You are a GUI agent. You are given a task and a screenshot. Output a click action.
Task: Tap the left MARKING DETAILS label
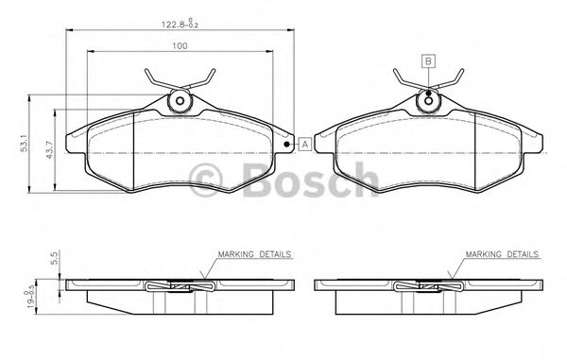pyautogui.click(x=254, y=255)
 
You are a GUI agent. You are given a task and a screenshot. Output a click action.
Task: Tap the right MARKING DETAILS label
pyautogui.click(x=500, y=255)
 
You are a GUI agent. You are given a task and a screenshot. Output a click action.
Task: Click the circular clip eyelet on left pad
pyautogui.click(x=178, y=102)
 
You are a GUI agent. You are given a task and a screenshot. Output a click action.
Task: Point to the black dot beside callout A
pyautogui.click(x=287, y=145)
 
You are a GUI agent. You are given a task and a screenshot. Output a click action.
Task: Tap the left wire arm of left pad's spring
pyautogui.click(x=154, y=78)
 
